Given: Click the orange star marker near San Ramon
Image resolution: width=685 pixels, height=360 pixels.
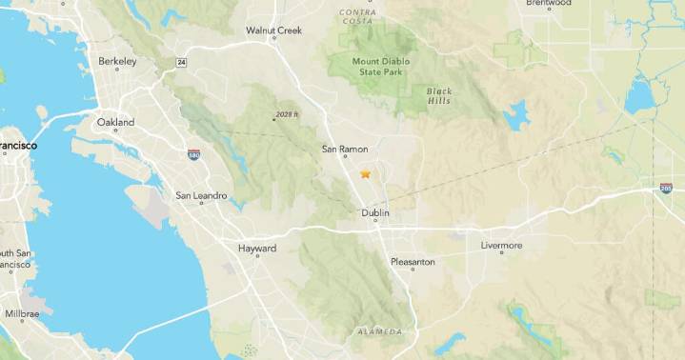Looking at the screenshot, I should [x=365, y=174].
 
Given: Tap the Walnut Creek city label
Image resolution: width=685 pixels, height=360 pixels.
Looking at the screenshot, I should [x=273, y=30].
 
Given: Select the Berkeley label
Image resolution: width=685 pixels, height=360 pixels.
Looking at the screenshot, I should [x=118, y=61].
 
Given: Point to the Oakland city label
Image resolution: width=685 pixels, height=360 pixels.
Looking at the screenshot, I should [x=115, y=122].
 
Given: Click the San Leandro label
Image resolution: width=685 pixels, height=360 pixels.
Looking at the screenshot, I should [x=201, y=195].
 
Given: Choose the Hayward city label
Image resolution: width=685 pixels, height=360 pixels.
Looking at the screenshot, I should [x=256, y=249].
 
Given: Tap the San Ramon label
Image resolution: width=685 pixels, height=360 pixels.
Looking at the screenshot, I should [x=345, y=149].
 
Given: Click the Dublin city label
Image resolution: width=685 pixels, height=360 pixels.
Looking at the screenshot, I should [x=376, y=213].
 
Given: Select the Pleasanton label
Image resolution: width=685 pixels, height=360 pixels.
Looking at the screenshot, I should [x=413, y=261].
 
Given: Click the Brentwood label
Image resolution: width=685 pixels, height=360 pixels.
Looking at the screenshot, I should [x=548, y=4].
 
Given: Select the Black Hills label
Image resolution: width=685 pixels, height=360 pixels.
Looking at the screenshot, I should [x=439, y=96].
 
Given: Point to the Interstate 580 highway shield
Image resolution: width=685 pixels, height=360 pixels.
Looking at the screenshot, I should [x=193, y=153].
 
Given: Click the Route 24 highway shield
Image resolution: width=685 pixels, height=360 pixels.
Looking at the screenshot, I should [x=181, y=62].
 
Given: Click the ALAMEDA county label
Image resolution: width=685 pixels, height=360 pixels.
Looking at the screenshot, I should [x=380, y=331].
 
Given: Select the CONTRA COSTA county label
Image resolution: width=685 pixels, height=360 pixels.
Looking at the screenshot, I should [x=357, y=16].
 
